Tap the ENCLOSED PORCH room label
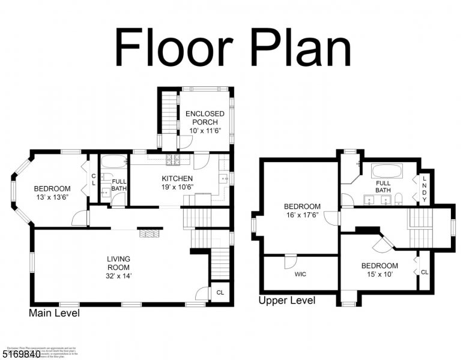coord(205,118)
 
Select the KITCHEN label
coord(177,178)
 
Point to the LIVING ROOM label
coord(119,263)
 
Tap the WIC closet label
coord(301,274)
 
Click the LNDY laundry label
coord(425,187)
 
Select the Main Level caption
coord(54,313)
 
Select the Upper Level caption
coord(286,301)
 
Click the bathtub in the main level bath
coord(113,161)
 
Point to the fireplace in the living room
coord(151,232)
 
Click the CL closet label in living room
coord(220,293)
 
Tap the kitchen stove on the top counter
coord(174,160)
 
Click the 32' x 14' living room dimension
coord(119,277)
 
